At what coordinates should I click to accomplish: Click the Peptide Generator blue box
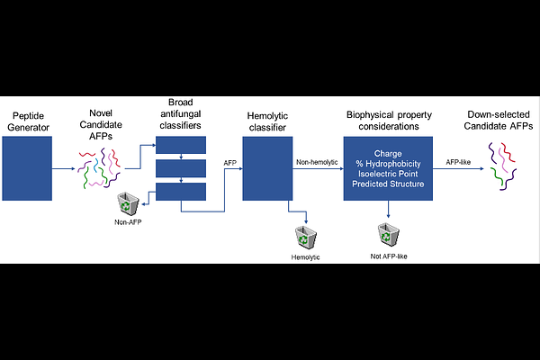[x=34, y=168]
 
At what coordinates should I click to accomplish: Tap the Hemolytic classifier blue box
[x=267, y=168]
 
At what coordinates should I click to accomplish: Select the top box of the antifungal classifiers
[x=182, y=145]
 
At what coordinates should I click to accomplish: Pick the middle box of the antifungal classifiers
[x=182, y=167]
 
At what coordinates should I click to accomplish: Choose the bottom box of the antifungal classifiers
[x=182, y=191]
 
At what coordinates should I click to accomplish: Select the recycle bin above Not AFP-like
[x=387, y=235]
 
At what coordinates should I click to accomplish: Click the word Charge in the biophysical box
[x=389, y=152]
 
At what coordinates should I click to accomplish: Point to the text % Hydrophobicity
[x=389, y=165]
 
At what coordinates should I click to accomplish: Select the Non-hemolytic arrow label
[x=316, y=161]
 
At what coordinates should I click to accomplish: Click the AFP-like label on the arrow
[x=463, y=161]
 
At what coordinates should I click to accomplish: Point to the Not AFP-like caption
[x=387, y=256]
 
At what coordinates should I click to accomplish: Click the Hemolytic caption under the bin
[x=305, y=257]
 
